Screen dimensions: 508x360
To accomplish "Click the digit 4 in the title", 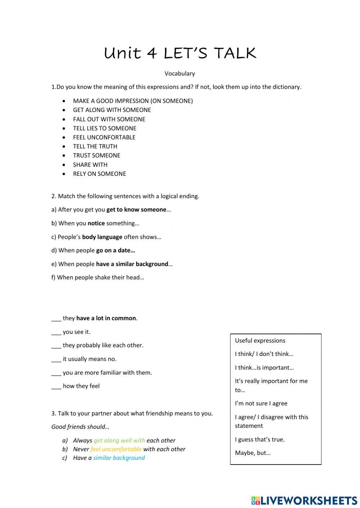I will click(152, 54).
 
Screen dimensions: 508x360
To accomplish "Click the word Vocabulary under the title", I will click(180, 74).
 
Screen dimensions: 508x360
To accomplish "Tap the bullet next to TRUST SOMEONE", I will click(64, 156).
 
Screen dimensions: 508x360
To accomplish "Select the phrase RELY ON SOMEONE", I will click(99, 174).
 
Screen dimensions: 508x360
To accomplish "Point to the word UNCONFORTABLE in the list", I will click(111, 137).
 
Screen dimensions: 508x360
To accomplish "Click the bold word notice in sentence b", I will click(96, 223).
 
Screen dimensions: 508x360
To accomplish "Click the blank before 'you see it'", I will click(56, 333).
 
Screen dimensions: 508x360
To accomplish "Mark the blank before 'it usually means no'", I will click(56, 360).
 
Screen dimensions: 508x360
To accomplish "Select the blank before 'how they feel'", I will click(56, 386).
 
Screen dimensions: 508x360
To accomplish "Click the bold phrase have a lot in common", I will click(106, 318).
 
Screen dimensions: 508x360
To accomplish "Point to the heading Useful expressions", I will click(260, 340).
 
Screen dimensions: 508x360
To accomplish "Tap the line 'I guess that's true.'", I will click(260, 439).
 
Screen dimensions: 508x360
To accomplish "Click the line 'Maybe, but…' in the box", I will click(253, 453).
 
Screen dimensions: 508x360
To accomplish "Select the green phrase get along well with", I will click(119, 440).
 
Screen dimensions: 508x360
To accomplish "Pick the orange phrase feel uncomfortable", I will click(116, 449).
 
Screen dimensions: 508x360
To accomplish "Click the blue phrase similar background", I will click(119, 458).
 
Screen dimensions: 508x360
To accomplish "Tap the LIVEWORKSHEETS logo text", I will click(309, 500).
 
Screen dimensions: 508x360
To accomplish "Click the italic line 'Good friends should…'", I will click(80, 427).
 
